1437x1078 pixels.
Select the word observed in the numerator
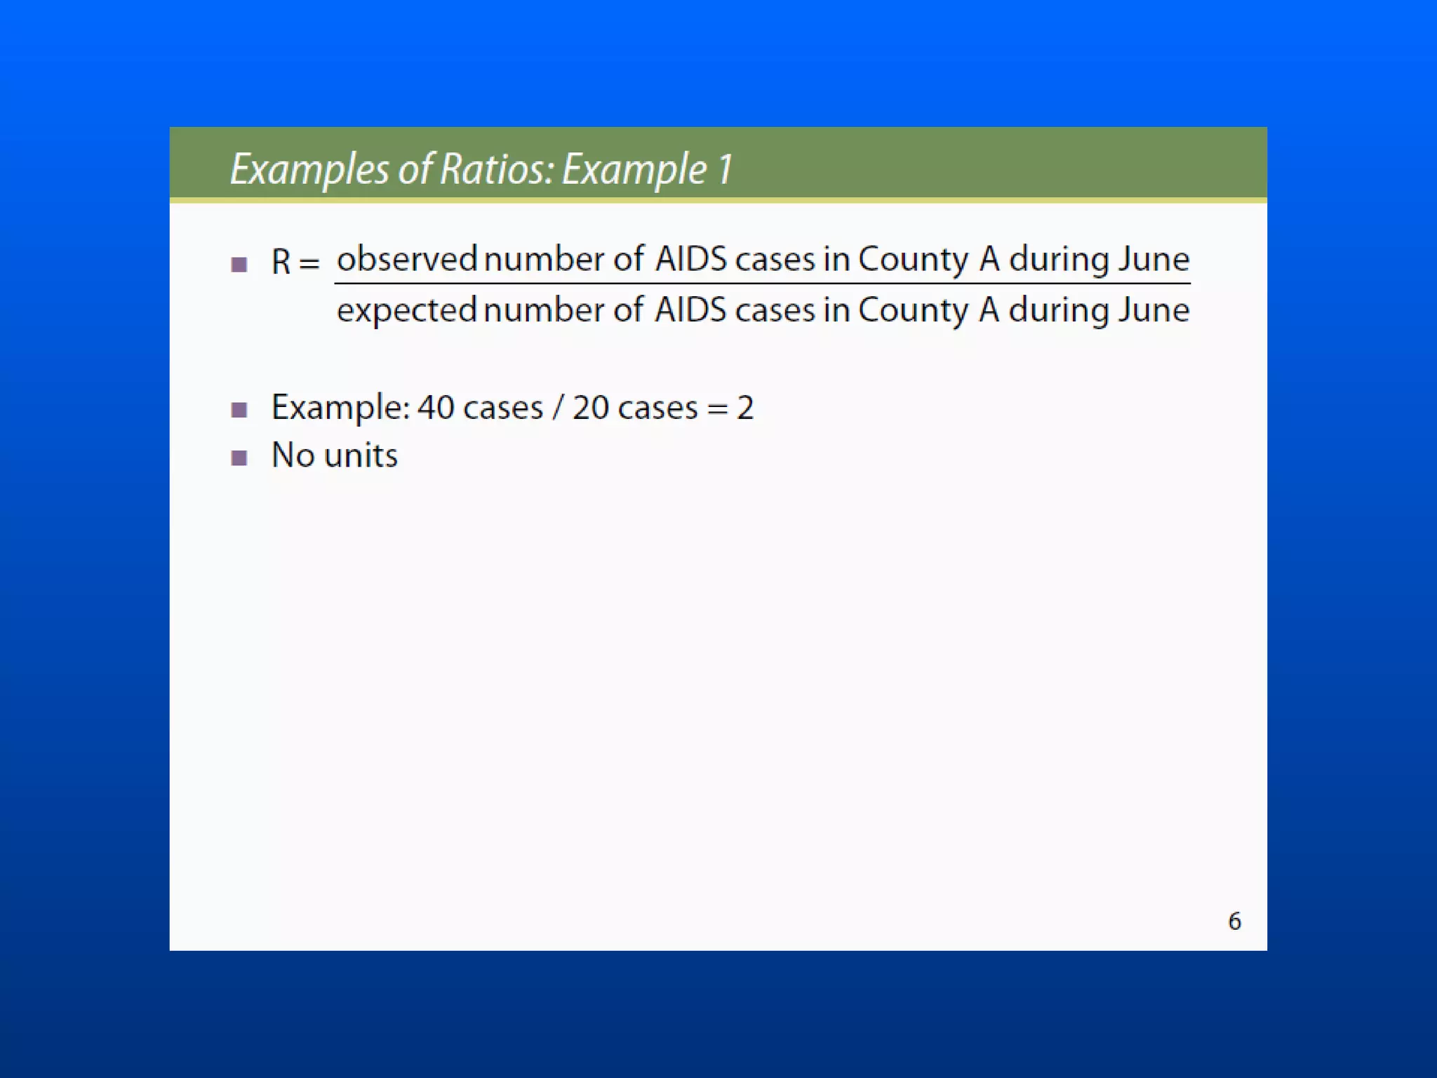[x=407, y=259]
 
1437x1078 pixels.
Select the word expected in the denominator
[x=406, y=311]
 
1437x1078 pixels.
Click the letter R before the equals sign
[x=281, y=262]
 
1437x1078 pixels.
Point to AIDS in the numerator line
[x=690, y=259]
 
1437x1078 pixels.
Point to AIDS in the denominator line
[x=690, y=310]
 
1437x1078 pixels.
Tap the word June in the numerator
[x=1154, y=259]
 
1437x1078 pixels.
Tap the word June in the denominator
[x=1154, y=310]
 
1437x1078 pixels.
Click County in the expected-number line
[x=913, y=311]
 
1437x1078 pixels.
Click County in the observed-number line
[x=913, y=260]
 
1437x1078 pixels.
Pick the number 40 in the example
[x=436, y=408]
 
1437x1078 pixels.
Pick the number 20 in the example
[x=591, y=408]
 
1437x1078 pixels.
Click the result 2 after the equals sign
[x=745, y=408]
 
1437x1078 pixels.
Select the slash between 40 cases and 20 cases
[x=557, y=408]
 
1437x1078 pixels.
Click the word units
[x=361, y=455]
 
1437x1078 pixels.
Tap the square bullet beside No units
[x=239, y=458]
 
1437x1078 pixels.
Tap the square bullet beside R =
[x=239, y=265]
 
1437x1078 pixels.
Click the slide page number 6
[x=1234, y=921]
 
